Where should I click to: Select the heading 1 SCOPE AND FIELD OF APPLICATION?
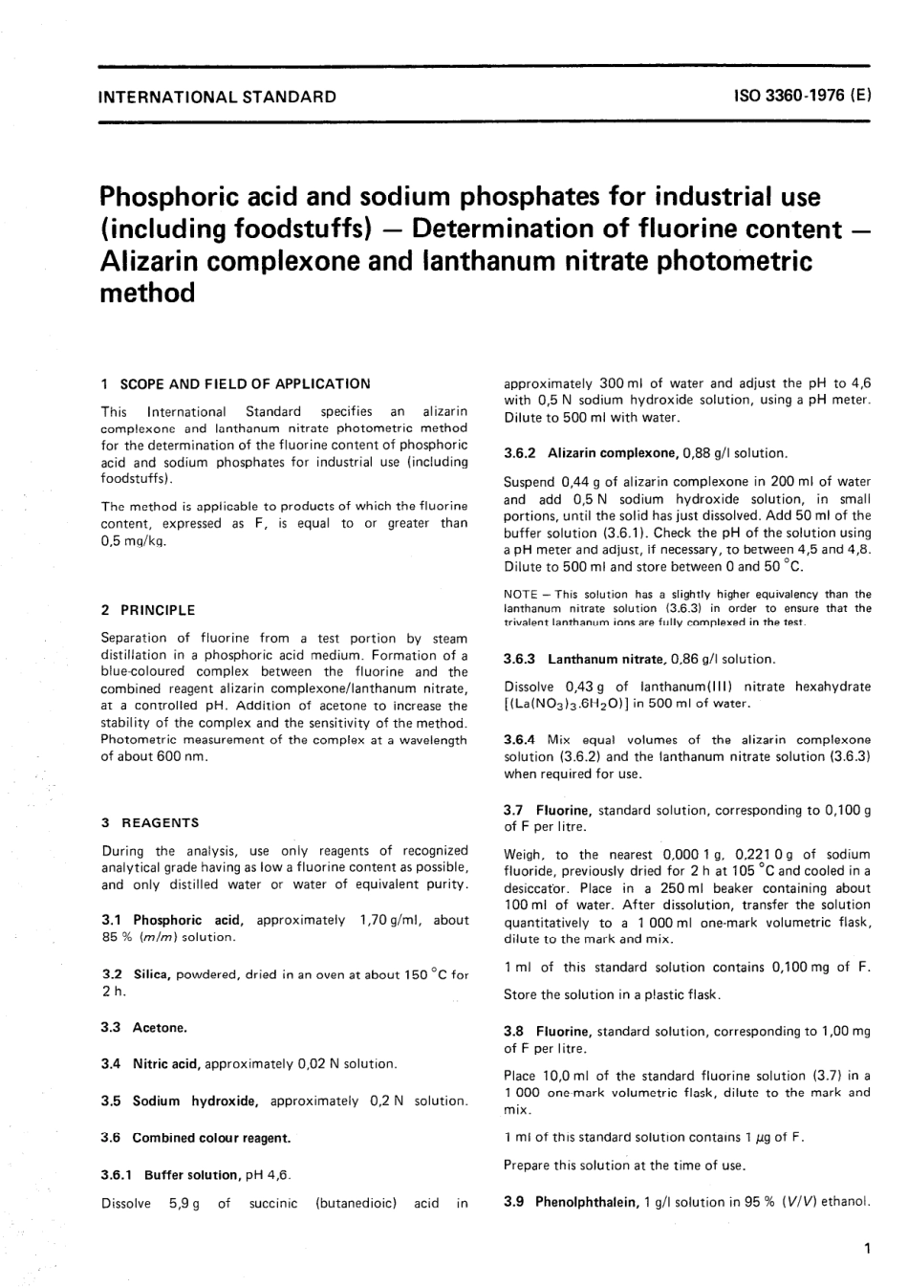235,383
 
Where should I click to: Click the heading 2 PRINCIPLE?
148,610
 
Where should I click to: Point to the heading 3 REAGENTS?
150,822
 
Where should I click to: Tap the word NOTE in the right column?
518,594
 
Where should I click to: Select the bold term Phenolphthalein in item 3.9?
586,1202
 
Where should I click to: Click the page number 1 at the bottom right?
865,1248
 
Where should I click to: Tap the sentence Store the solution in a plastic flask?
612,994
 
